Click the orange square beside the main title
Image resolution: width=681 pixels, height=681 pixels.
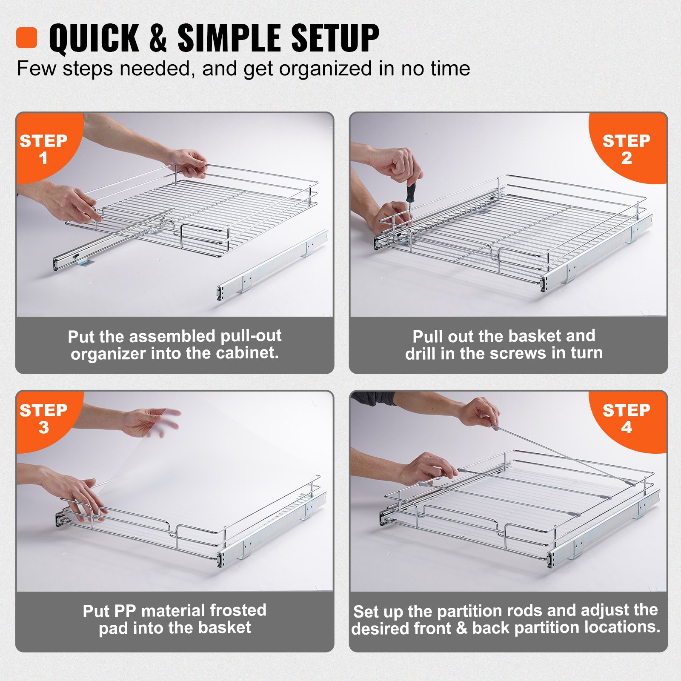coord(26,38)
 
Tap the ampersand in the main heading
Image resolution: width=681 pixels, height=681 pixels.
coord(158,39)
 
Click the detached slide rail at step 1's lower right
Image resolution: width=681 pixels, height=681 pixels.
coord(272,266)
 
